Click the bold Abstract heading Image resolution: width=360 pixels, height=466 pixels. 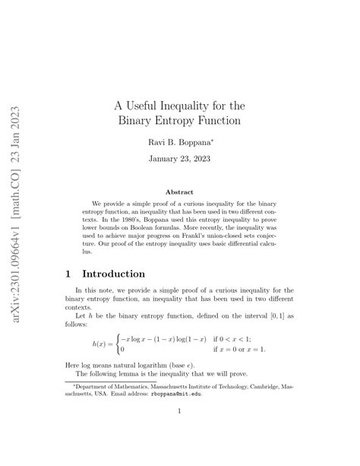click(179, 193)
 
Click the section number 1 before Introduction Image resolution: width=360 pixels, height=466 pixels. click(70, 273)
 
